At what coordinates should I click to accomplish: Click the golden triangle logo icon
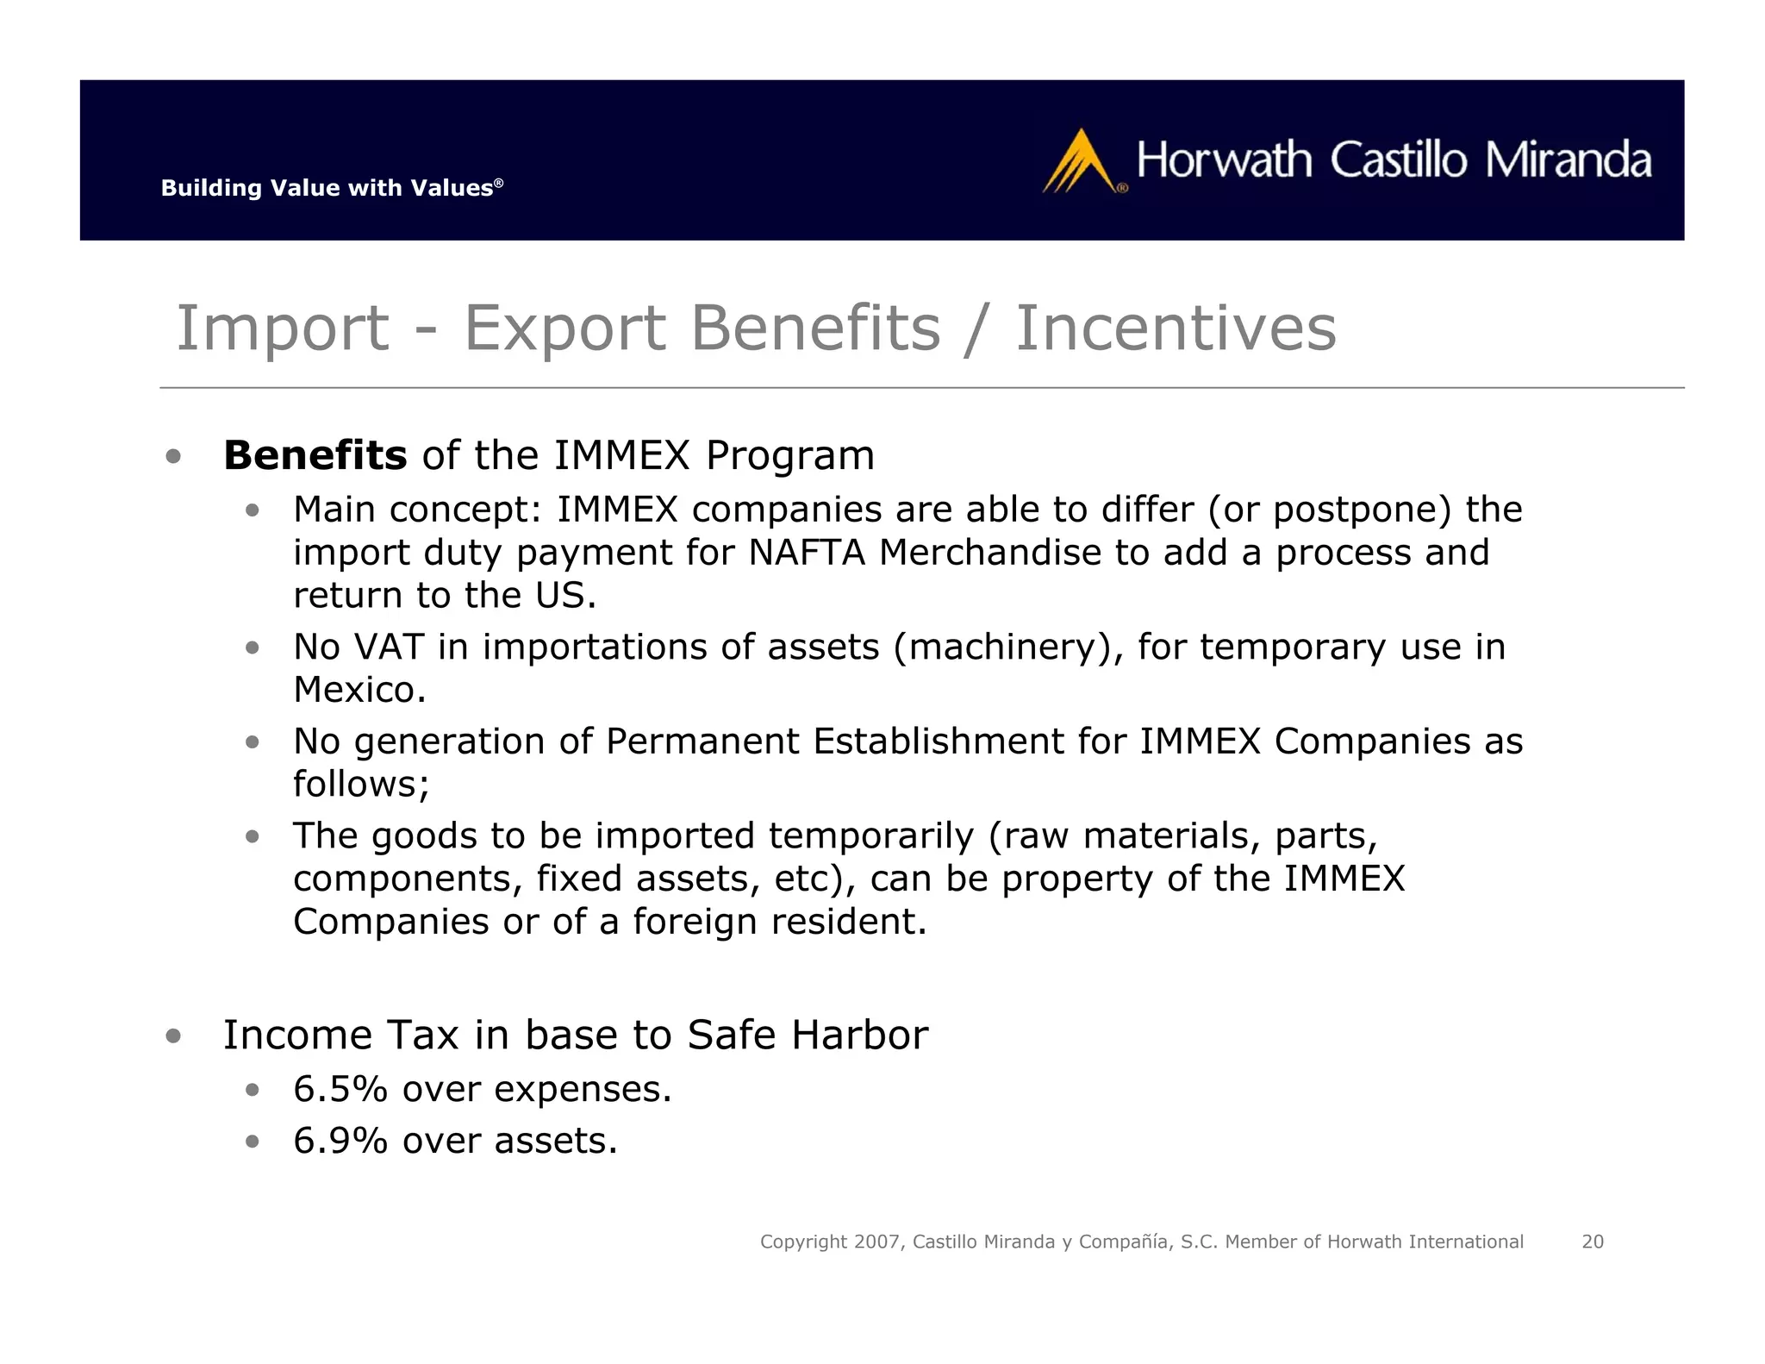pos(1080,162)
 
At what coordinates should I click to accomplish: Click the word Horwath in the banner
pos(1224,160)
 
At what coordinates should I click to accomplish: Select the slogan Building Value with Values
pos(331,188)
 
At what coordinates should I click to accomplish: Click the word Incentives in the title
pos(1176,328)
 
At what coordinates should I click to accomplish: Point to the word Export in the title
pos(564,328)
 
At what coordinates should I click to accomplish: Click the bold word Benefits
pos(315,455)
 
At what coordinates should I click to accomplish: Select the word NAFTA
pos(807,553)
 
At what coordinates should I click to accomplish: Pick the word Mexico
pos(359,690)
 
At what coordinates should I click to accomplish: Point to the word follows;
pos(361,785)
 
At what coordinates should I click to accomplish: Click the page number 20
pos(1592,1242)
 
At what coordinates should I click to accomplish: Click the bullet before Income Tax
pos(174,1036)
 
